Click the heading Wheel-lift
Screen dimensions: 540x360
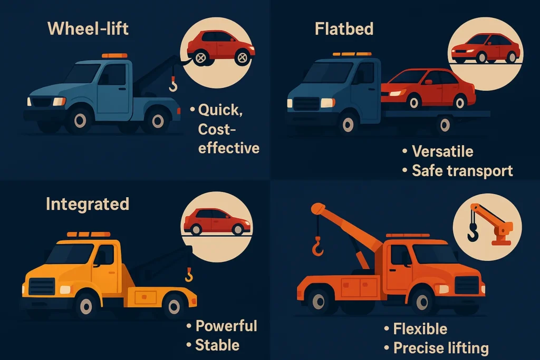(88, 28)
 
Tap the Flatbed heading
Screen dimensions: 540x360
(344, 28)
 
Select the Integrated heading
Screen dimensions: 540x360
(88, 204)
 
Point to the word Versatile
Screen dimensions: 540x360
(442, 151)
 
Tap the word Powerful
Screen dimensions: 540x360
(226, 326)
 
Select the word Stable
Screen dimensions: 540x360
(217, 345)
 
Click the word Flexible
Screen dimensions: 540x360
(420, 329)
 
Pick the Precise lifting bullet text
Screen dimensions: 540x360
(441, 348)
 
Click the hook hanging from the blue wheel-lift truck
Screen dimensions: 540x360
(173, 84)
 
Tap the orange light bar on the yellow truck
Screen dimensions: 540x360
(89, 235)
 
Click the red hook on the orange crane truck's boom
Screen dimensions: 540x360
(317, 247)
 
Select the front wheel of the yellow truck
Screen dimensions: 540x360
(86, 306)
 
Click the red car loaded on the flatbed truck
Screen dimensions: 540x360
(428, 89)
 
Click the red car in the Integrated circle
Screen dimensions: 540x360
(217, 221)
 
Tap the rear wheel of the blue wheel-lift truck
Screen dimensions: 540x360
(158, 121)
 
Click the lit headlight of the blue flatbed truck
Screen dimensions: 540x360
(328, 103)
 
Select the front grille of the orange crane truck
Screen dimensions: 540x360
(467, 285)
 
